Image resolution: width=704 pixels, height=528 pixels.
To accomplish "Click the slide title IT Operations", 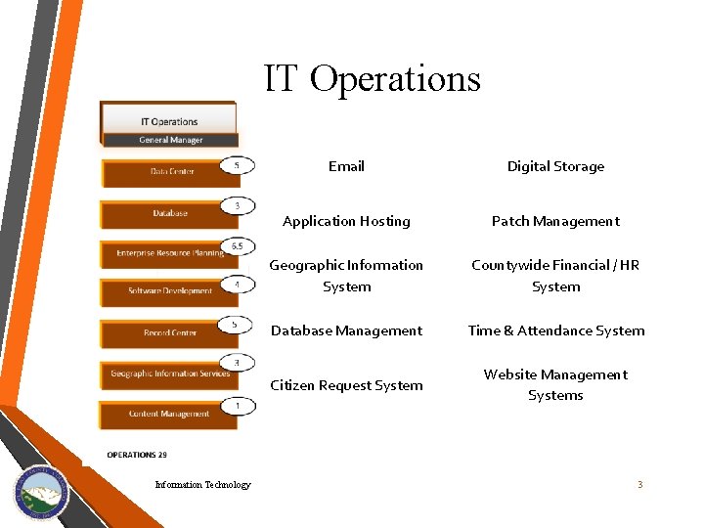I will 372,78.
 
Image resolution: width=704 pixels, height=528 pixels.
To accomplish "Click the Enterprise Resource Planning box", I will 169,253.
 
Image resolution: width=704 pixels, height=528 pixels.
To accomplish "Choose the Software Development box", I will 169,291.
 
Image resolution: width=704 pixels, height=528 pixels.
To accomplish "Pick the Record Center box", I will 169,333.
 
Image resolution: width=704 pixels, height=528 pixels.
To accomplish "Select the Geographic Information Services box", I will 169,374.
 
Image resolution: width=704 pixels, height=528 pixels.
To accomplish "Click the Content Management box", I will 168,415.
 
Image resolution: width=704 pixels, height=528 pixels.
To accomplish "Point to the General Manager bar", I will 170,140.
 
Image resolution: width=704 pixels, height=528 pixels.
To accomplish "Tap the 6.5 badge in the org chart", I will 237,245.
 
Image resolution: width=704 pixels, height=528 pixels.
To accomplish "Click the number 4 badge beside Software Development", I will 237,285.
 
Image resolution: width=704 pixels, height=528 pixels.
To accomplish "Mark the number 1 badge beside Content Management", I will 237,405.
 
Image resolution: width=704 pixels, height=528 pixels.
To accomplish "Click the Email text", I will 346,166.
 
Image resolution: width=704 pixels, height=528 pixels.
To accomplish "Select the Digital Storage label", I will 555,166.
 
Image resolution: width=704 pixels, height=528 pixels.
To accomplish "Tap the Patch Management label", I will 555,221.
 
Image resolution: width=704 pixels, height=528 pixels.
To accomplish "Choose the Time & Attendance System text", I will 556,330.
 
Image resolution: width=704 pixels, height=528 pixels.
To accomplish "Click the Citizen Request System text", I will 346,385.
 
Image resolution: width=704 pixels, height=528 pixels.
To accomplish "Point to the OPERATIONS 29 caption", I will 137,455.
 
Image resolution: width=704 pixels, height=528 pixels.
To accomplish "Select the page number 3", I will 639,485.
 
